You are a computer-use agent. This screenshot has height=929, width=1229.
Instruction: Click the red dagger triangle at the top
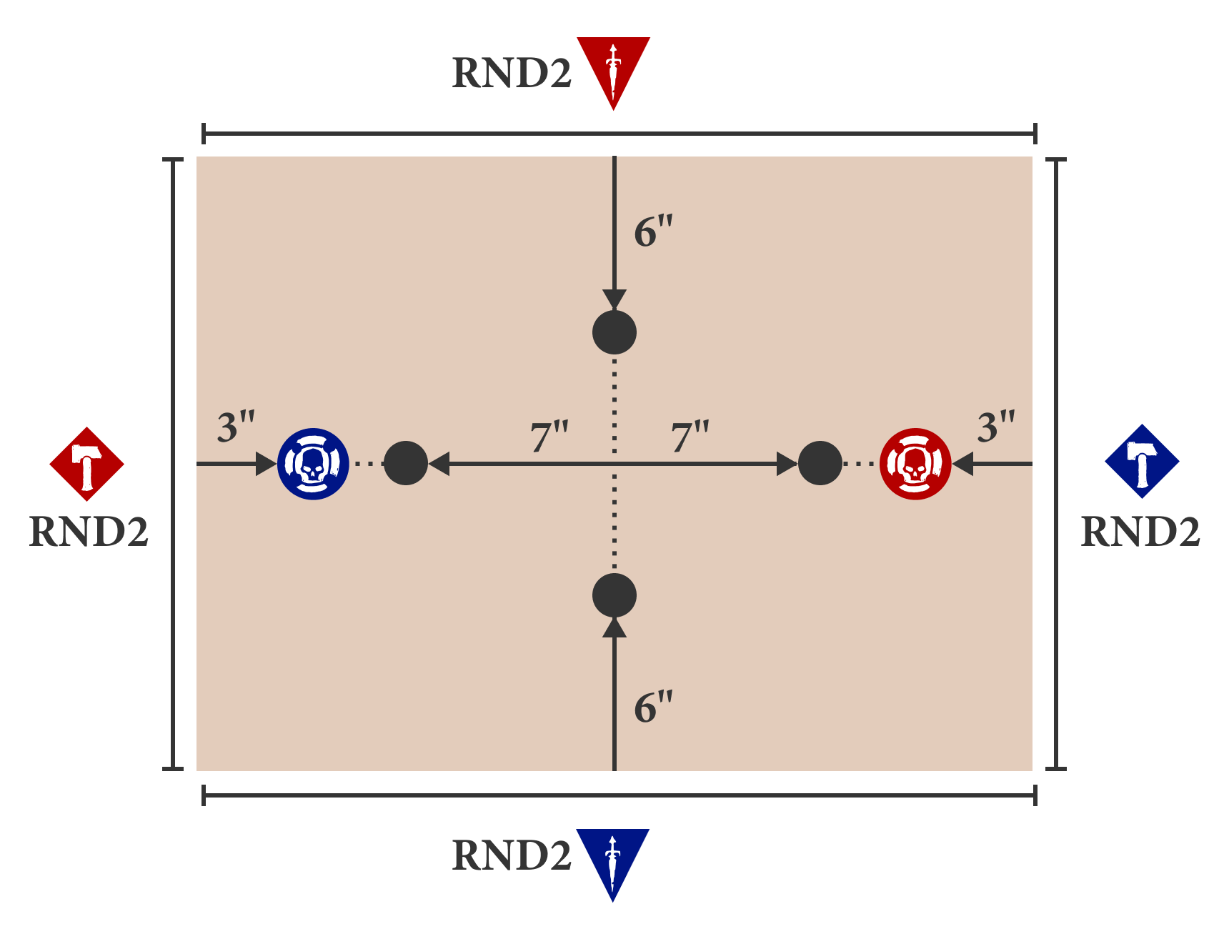613,66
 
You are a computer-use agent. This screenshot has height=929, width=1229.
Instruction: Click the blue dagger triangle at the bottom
612,858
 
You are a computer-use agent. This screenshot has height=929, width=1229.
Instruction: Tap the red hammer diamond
87,464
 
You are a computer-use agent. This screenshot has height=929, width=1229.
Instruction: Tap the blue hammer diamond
1142,462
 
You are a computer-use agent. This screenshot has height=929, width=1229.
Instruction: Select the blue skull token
313,464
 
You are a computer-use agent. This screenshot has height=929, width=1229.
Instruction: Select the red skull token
915,464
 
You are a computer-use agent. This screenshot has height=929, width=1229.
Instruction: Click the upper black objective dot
614,332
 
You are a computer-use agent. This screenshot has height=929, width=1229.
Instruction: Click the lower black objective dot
614,595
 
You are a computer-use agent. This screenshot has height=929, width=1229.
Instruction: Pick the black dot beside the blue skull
406,463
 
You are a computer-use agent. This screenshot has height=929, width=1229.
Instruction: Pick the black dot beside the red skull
820,463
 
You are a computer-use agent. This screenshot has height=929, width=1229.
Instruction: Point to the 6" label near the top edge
653,232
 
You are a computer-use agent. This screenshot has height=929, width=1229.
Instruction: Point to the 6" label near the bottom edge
653,707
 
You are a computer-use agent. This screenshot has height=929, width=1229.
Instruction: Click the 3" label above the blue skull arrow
236,427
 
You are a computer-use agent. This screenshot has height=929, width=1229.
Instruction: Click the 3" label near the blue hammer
996,427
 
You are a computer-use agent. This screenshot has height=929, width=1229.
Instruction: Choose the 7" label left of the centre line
549,437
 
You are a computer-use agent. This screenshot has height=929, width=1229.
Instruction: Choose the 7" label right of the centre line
690,437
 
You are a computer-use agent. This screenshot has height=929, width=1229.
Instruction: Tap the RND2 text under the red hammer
89,532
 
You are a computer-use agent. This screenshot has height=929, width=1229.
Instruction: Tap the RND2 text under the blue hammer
1140,532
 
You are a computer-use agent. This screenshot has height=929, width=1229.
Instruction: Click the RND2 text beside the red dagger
512,73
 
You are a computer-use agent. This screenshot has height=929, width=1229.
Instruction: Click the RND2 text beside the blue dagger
512,855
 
